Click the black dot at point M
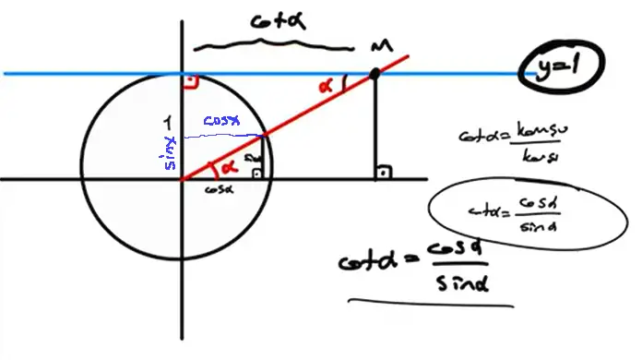click(x=374, y=73)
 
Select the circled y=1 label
click(x=559, y=66)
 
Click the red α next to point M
click(x=324, y=84)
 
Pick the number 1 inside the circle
click(x=166, y=120)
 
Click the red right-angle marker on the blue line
click(x=190, y=82)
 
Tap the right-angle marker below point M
click(x=381, y=172)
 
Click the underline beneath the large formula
click(x=429, y=301)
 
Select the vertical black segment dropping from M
click(x=374, y=125)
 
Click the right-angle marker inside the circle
click(x=256, y=172)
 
